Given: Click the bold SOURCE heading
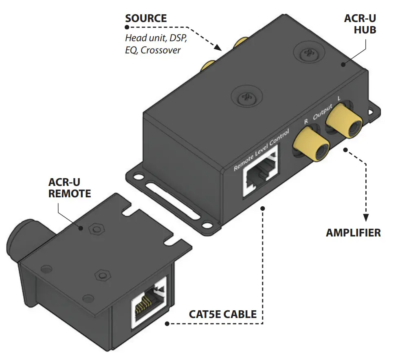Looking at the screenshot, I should (x=146, y=18).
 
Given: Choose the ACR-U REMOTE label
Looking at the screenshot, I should (x=70, y=188).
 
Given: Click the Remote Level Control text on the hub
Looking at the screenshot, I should (x=261, y=150).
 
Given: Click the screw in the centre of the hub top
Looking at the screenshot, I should (x=245, y=97).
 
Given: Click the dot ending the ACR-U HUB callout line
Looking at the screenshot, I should (x=343, y=64).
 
